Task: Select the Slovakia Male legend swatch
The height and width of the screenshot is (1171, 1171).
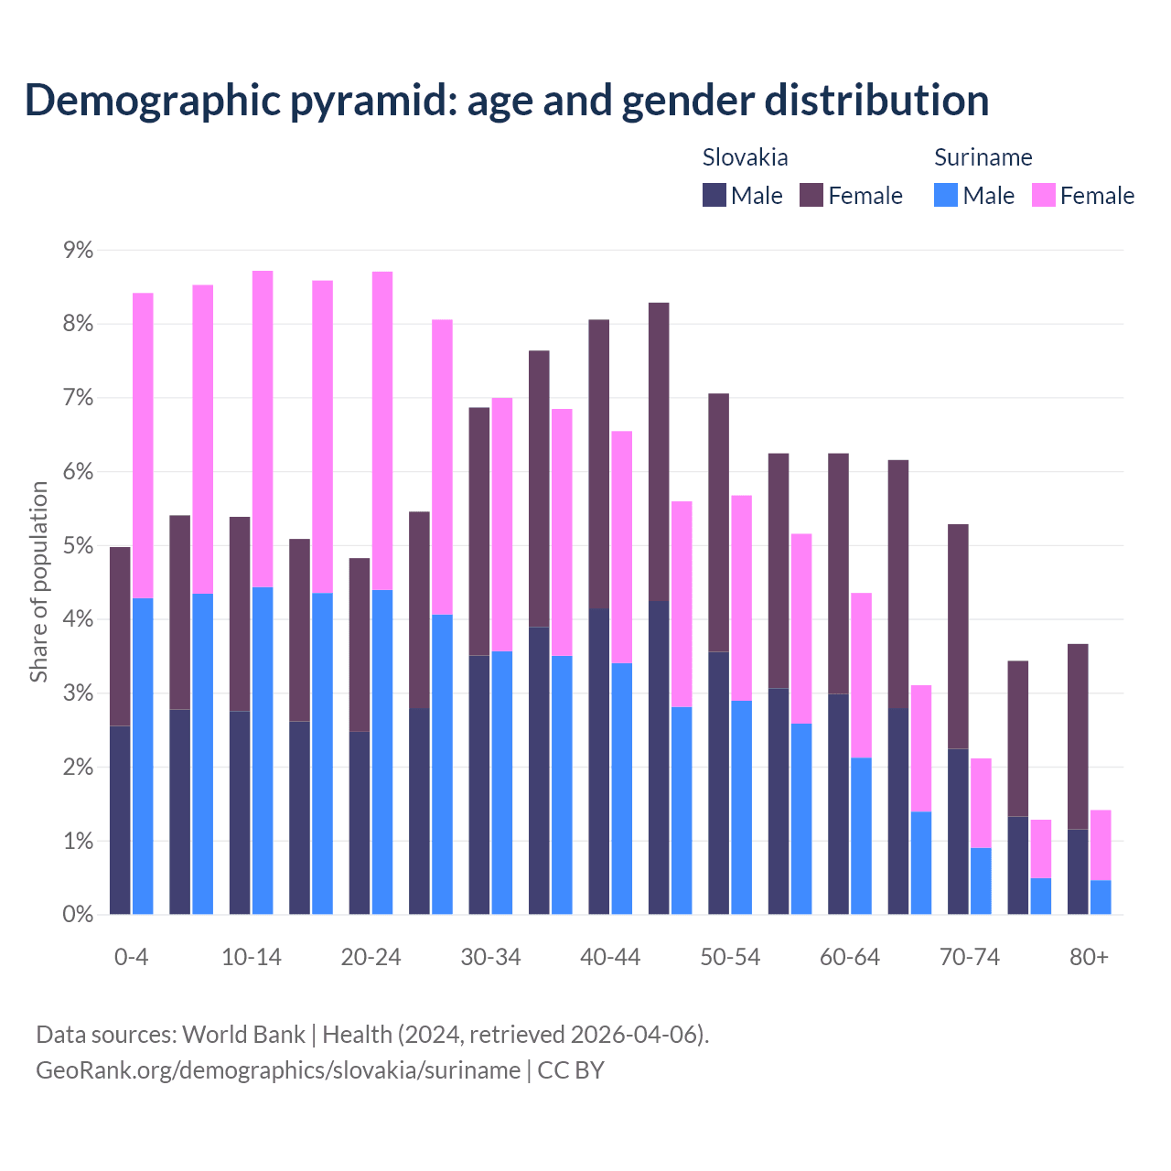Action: [714, 195]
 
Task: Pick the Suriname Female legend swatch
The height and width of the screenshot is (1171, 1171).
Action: [1043, 195]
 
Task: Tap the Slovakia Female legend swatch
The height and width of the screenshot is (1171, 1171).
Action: [811, 195]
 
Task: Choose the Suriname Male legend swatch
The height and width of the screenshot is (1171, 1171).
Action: [946, 195]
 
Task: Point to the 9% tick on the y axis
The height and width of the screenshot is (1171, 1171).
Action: [76, 251]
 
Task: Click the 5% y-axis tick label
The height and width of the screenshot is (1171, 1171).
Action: [76, 546]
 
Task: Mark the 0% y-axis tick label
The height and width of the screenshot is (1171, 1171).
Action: [76, 915]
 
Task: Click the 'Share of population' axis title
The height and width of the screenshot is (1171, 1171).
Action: [38, 582]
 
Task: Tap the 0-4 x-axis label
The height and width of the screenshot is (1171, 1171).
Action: [131, 957]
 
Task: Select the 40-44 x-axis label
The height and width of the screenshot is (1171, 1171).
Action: [610, 957]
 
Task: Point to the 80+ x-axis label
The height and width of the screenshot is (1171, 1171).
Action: [1089, 957]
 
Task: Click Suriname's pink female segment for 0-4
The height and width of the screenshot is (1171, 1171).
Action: [143, 446]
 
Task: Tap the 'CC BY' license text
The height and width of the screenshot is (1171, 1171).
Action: [571, 1070]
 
